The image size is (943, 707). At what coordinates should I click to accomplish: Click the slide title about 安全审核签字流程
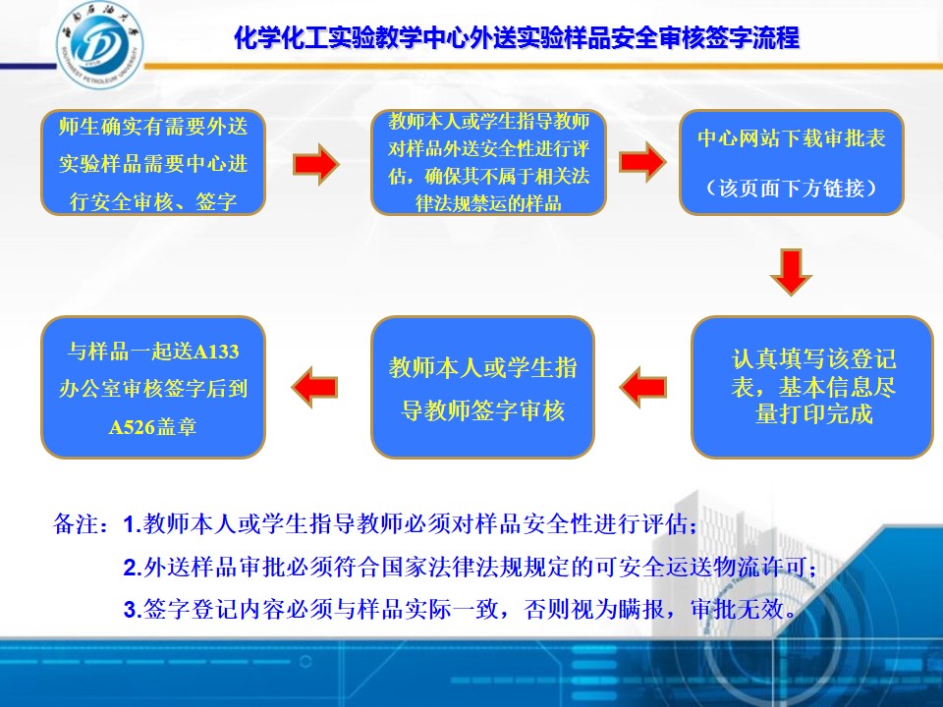(517, 37)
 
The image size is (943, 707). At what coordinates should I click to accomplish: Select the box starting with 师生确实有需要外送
(153, 163)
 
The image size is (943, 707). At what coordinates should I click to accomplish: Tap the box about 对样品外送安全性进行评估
(488, 163)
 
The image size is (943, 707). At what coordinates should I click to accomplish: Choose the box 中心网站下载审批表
(792, 163)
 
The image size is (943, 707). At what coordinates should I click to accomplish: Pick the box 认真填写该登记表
(812, 387)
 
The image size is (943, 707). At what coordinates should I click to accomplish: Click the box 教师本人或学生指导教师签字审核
(483, 387)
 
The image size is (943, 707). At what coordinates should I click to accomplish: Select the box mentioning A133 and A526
(153, 387)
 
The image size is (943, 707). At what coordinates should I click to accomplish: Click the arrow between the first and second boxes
(316, 164)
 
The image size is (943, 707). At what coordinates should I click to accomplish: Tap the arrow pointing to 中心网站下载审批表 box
(642, 162)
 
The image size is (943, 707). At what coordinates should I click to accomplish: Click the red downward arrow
(792, 272)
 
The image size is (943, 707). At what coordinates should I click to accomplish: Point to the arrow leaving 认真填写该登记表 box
(642, 387)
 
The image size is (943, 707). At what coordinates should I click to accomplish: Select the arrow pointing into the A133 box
(314, 387)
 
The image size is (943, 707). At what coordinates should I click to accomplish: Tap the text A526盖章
(153, 427)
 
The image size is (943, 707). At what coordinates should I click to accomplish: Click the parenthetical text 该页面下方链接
(792, 189)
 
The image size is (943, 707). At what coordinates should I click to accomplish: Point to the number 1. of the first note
(132, 524)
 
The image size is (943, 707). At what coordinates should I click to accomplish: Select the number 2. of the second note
(132, 568)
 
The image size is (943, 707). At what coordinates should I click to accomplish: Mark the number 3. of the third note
(132, 610)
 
